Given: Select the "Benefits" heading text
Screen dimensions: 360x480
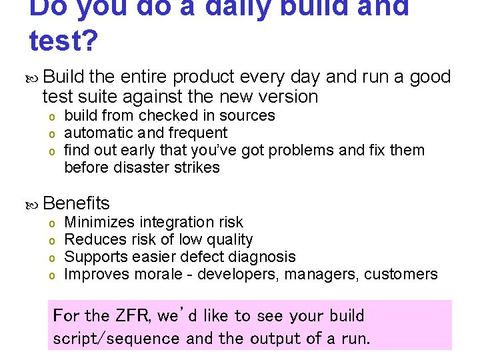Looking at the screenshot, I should point(75,203).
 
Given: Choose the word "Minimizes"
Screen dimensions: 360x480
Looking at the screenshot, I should point(97,222).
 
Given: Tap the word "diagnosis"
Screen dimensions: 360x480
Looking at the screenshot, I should point(262,257).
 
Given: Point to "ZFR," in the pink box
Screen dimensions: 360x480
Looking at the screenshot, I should point(133,315).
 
